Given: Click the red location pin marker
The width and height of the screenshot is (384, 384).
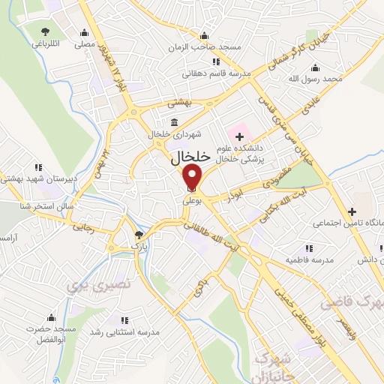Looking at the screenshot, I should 193,177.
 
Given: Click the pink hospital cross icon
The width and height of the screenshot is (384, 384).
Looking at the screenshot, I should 240,136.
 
